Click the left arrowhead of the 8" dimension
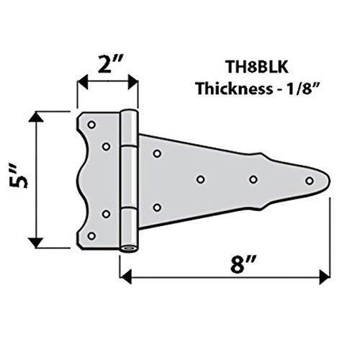pyautogui.click(x=123, y=274)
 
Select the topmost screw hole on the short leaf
pyautogui.click(x=91, y=125)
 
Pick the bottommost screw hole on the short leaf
pyautogui.click(x=91, y=235)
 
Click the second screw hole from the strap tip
pyautogui.click(x=253, y=179)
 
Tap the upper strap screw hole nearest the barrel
pyautogui.click(x=156, y=153)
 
